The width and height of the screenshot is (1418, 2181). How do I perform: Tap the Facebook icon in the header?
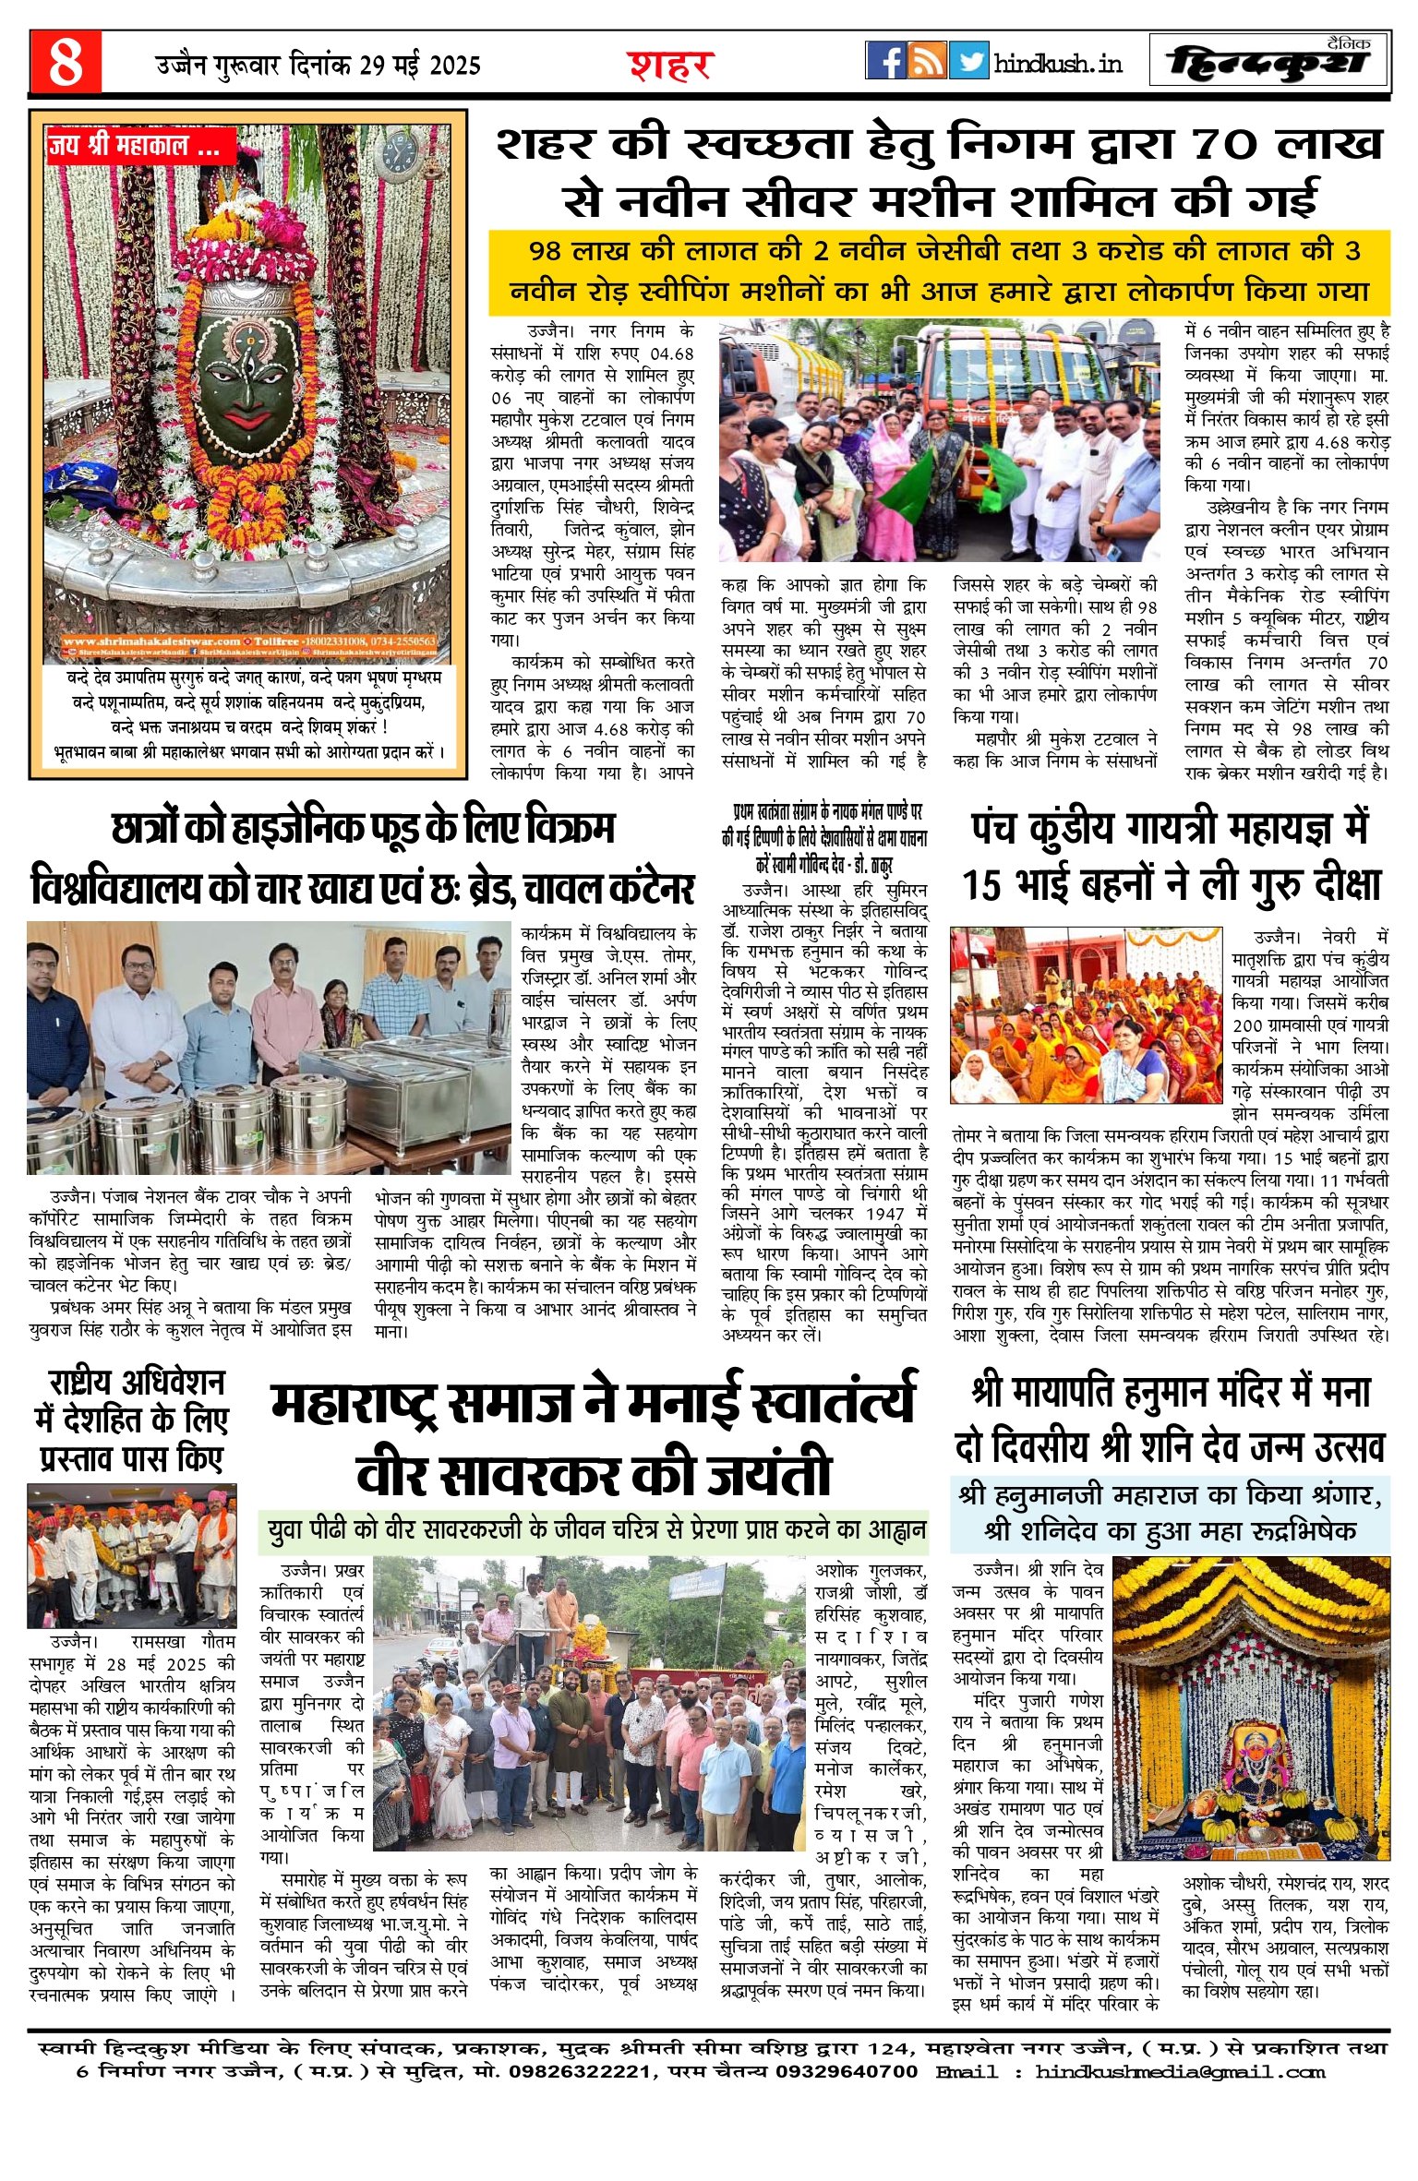coord(885,61)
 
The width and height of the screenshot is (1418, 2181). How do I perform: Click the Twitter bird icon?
coord(968,61)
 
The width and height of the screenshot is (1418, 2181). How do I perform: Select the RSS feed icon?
coord(927,61)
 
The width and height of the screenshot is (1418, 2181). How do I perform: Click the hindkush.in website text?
coord(1058,63)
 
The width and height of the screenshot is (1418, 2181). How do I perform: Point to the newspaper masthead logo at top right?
coord(1269,62)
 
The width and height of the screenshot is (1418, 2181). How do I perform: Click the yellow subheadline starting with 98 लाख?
coord(939,270)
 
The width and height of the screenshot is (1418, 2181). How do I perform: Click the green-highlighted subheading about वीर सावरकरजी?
coord(595,1530)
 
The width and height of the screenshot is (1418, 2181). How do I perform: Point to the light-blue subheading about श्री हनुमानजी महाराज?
coord(1170,1514)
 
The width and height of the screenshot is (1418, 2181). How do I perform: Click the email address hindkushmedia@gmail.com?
coord(1180,2071)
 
